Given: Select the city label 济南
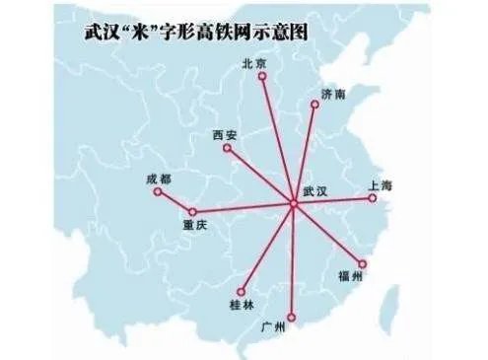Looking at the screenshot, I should (333, 95).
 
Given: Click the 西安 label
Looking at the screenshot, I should (225, 134).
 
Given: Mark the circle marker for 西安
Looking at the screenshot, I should (228, 149).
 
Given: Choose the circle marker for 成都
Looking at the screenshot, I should (158, 192).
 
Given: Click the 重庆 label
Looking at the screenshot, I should (195, 226).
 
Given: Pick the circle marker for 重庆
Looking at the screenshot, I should (193, 212).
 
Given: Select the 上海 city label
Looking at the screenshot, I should (380, 185).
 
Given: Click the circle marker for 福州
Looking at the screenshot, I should (363, 263).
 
